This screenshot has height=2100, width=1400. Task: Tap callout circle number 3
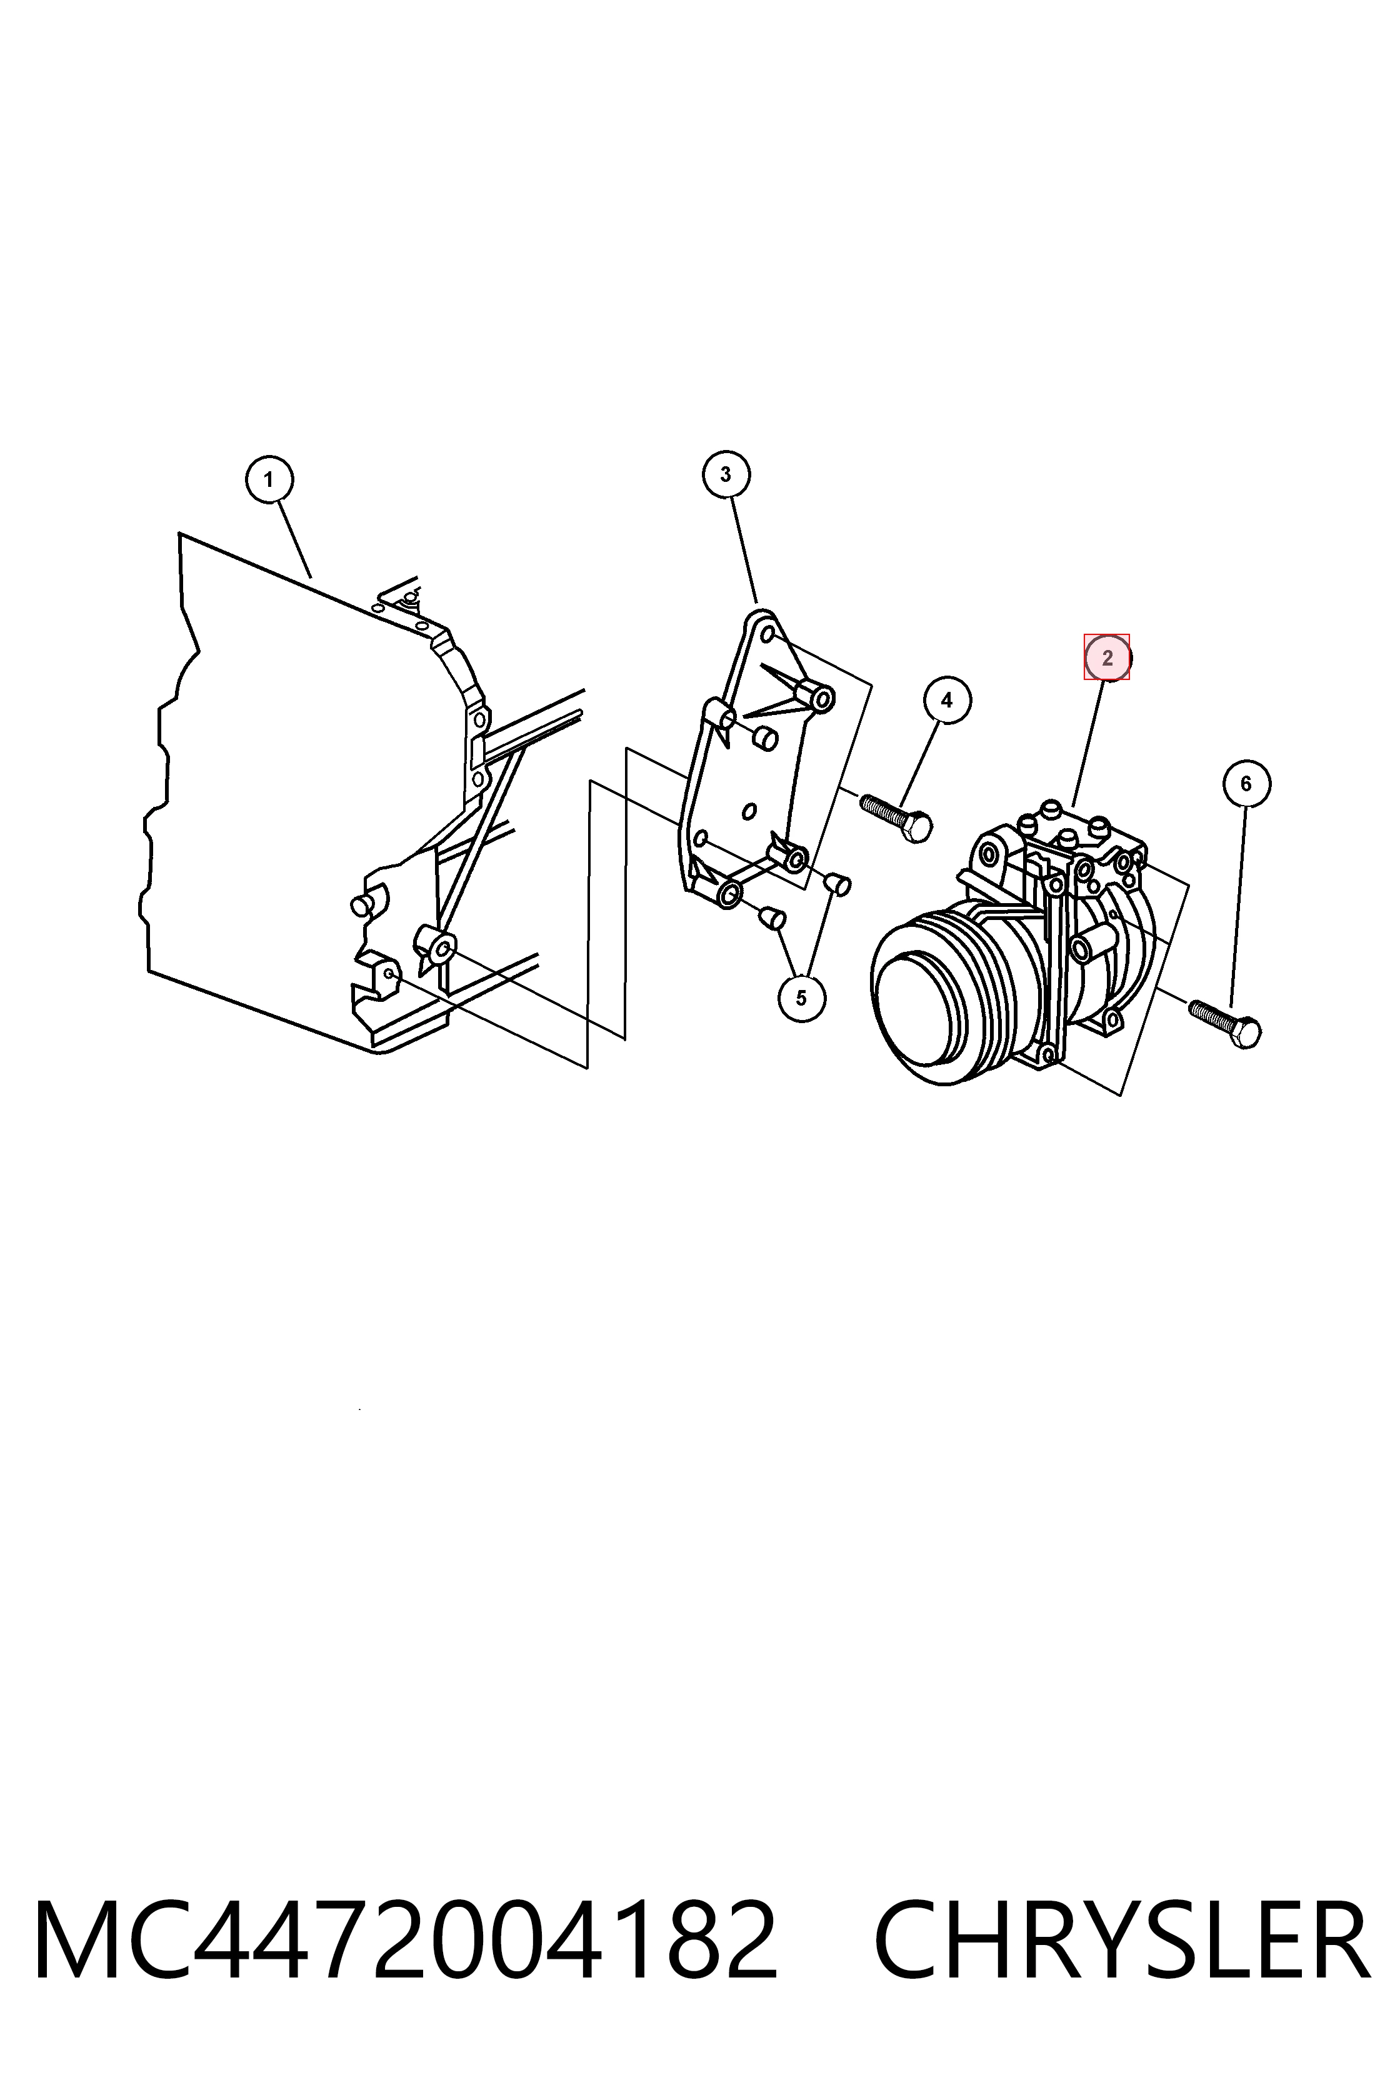(x=725, y=474)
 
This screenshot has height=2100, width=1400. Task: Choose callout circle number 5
(x=801, y=997)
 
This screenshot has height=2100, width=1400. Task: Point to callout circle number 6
(x=1246, y=784)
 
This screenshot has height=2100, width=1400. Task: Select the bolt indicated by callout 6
(x=1225, y=1022)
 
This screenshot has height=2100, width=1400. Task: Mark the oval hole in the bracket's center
(x=750, y=811)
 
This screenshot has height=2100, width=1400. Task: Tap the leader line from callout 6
(x=1238, y=907)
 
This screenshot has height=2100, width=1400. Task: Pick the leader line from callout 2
(x=1089, y=743)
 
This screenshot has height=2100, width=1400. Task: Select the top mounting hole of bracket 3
(x=767, y=635)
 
